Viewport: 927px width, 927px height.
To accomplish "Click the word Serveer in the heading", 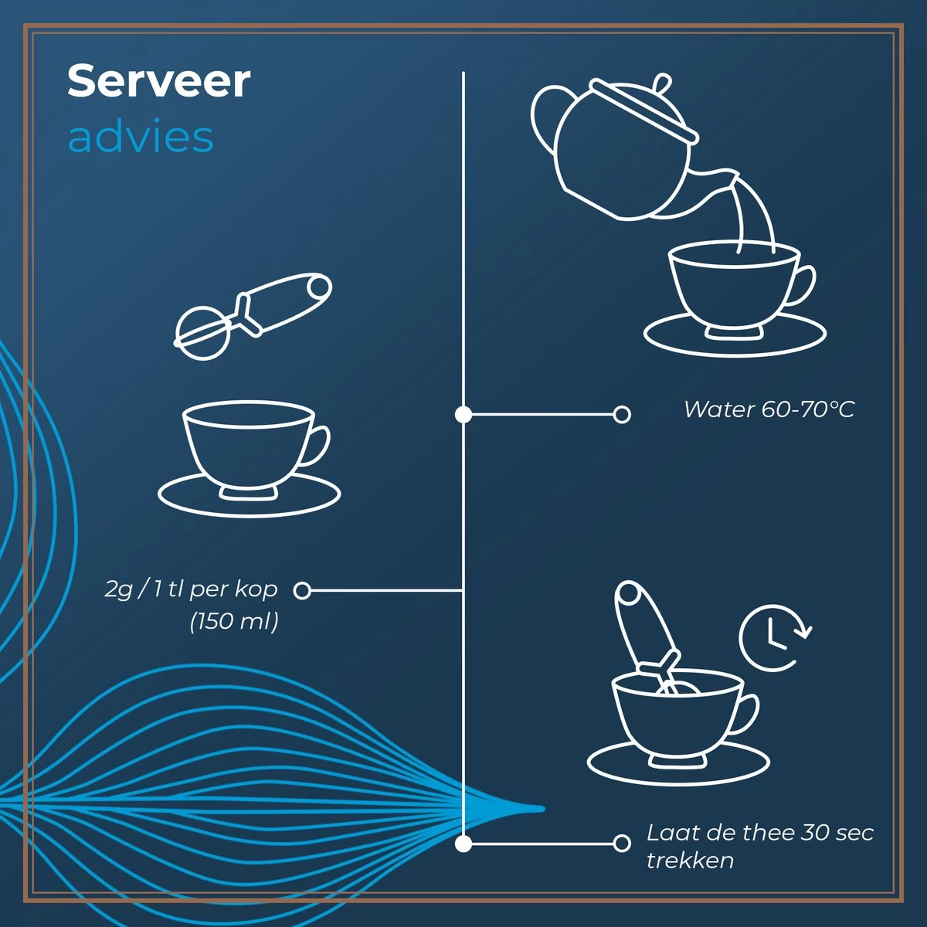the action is click(159, 81).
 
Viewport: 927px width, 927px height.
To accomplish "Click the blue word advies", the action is click(141, 137).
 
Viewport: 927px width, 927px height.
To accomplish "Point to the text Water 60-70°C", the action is click(769, 409).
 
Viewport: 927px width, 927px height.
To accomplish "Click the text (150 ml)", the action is click(234, 621).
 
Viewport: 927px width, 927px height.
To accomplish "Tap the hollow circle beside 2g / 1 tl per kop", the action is click(302, 590).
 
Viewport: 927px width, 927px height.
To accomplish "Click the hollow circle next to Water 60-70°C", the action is click(622, 414).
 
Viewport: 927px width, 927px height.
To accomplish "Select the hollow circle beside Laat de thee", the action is click(622, 843).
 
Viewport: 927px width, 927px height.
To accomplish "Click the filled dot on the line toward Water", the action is click(463, 414).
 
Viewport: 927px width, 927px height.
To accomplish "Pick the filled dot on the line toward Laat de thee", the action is click(463, 843).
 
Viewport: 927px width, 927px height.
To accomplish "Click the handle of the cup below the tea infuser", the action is click(316, 446).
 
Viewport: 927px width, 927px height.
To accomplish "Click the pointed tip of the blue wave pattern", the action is click(544, 809).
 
